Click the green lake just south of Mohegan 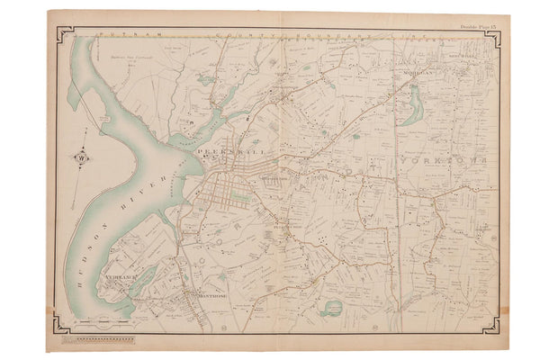click(x=414, y=105)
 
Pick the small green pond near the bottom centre click(x=331, y=309)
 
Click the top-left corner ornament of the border click(x=63, y=34)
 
